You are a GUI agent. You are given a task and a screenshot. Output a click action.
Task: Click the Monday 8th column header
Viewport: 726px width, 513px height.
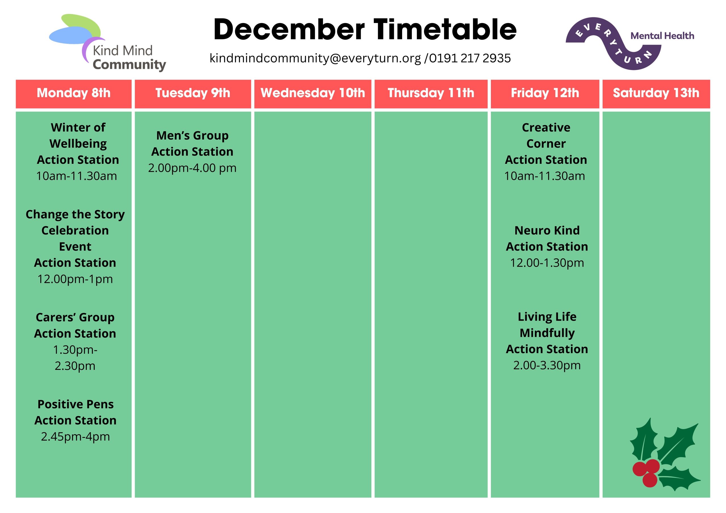coord(74,93)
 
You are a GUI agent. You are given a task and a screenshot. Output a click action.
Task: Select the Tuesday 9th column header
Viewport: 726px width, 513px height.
coord(193,93)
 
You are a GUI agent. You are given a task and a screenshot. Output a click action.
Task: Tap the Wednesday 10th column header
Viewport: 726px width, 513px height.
coord(313,93)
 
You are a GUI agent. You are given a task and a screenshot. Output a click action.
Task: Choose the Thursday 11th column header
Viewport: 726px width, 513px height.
coord(431,93)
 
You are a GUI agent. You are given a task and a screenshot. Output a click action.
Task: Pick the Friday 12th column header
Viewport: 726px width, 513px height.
coord(545,93)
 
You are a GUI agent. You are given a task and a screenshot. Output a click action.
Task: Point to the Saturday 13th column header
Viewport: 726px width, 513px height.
coord(656,93)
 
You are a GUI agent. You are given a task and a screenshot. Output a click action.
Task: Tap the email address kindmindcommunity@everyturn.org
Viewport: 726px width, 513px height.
coord(315,58)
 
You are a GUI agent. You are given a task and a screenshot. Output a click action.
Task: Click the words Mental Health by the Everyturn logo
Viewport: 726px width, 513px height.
coord(662,36)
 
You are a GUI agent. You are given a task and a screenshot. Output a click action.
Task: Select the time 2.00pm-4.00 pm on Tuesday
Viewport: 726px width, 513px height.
coord(192,168)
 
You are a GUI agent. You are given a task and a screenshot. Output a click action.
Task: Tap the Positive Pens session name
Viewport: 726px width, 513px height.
coord(75,404)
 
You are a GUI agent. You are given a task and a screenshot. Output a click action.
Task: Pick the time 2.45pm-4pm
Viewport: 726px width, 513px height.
coord(75,437)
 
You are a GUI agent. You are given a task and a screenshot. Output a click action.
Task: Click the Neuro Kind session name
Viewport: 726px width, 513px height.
coord(547,230)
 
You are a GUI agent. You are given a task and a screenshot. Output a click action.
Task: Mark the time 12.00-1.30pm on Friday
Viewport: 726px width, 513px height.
coord(547,263)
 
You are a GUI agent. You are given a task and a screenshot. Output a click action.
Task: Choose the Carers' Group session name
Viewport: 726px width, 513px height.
coord(75,318)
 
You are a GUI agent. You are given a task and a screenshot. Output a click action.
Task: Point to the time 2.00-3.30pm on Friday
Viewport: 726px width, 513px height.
coord(547,365)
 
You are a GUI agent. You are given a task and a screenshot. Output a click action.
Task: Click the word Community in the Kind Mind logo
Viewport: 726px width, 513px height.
coord(129,65)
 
